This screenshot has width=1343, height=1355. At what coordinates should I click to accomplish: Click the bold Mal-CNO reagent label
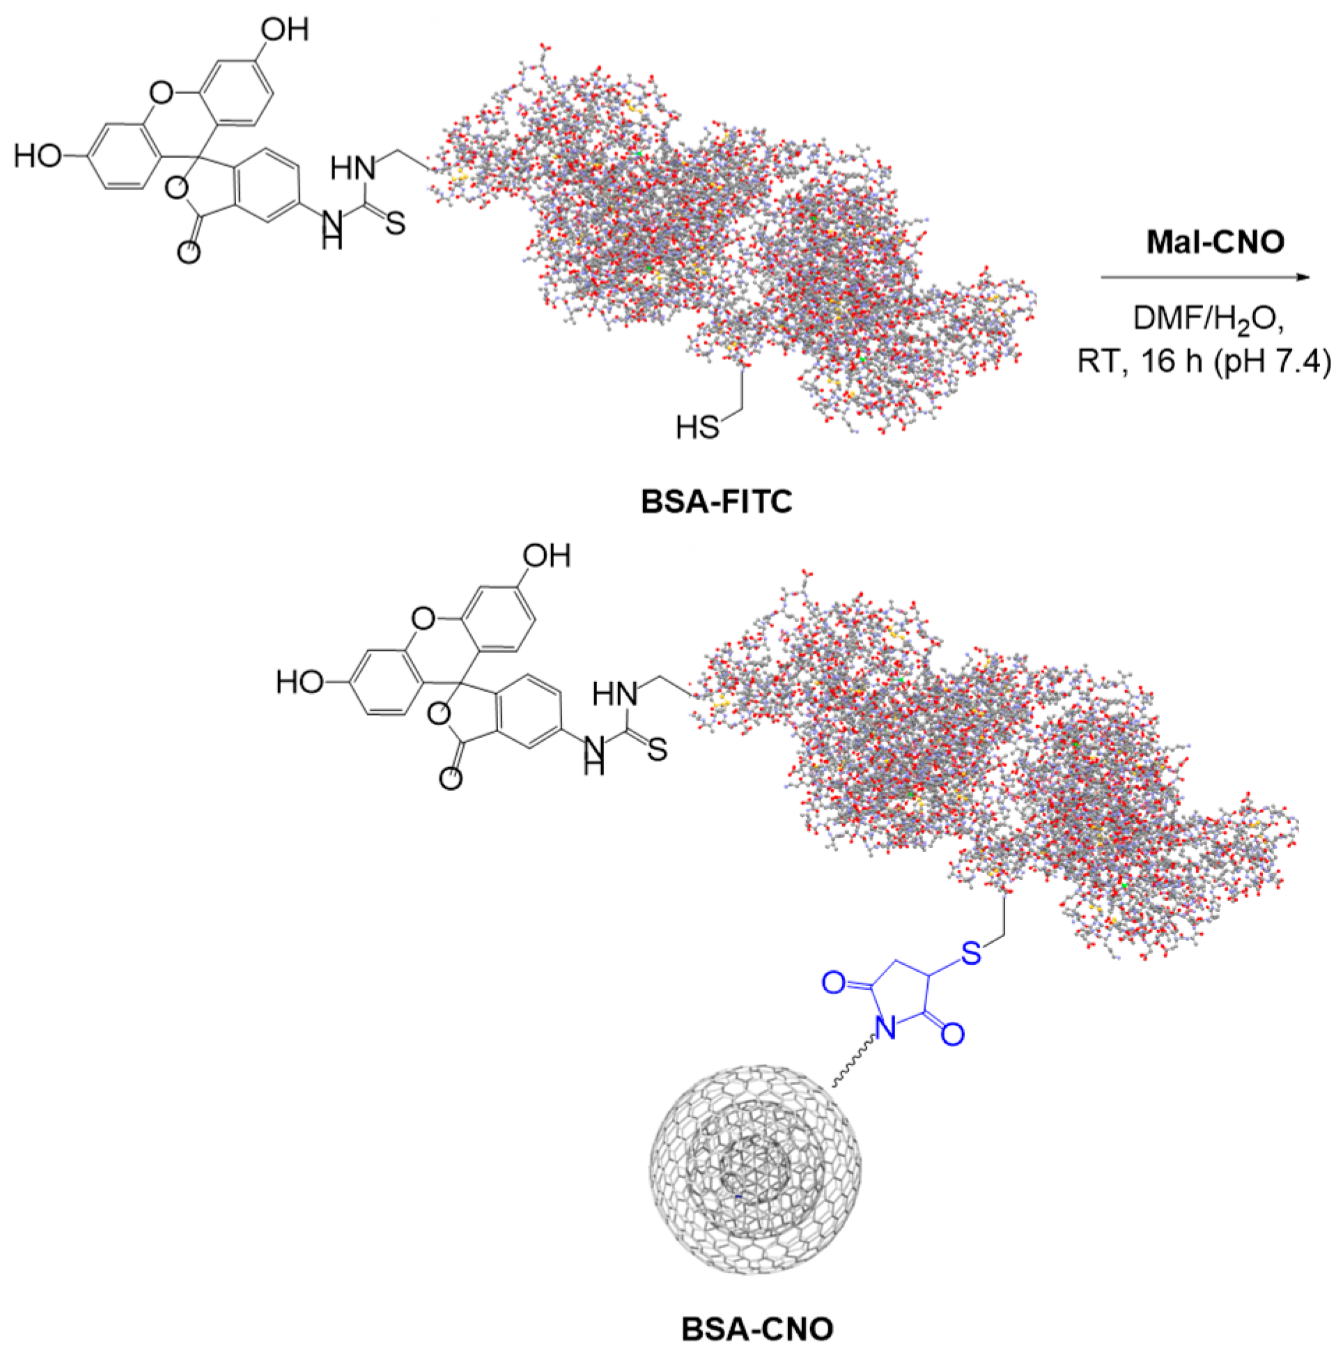coord(1215,242)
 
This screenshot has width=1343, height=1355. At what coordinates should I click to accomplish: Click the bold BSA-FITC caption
coord(716,502)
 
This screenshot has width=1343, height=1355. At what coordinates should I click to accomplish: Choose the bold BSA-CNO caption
coord(757,1329)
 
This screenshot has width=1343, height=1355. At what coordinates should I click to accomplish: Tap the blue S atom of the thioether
coord(970,953)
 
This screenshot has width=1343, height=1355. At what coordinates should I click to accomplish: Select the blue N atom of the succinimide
coord(886,1029)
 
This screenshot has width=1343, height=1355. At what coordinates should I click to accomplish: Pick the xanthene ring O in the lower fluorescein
coord(423,619)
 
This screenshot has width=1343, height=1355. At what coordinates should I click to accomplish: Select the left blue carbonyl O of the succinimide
coord(833,983)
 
